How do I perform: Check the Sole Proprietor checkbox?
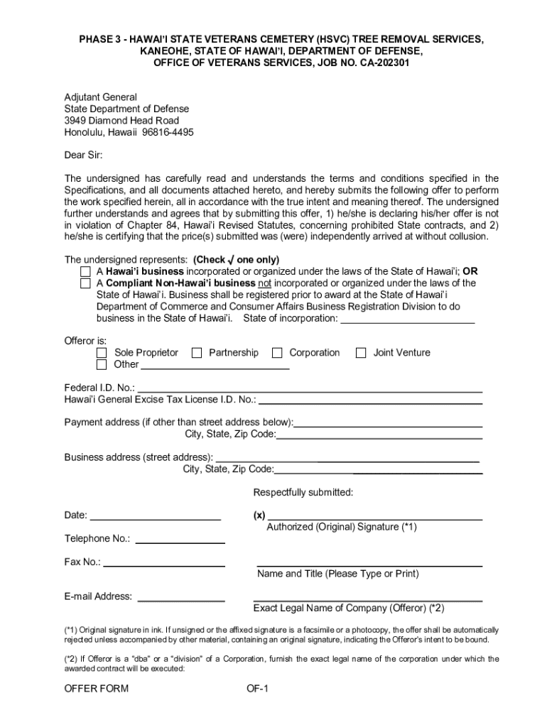pyautogui.click(x=102, y=353)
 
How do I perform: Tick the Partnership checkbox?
pyautogui.click(x=197, y=353)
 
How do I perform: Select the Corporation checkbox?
pyautogui.click(x=277, y=353)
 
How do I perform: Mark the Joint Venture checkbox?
pyautogui.click(x=361, y=353)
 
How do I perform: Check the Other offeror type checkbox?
pyautogui.click(x=102, y=365)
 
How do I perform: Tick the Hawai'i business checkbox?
pyautogui.click(x=85, y=272)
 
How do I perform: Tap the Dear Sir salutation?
pyautogui.click(x=83, y=155)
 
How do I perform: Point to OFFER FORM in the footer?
pyautogui.click(x=97, y=689)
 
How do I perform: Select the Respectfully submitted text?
pyautogui.click(x=303, y=493)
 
